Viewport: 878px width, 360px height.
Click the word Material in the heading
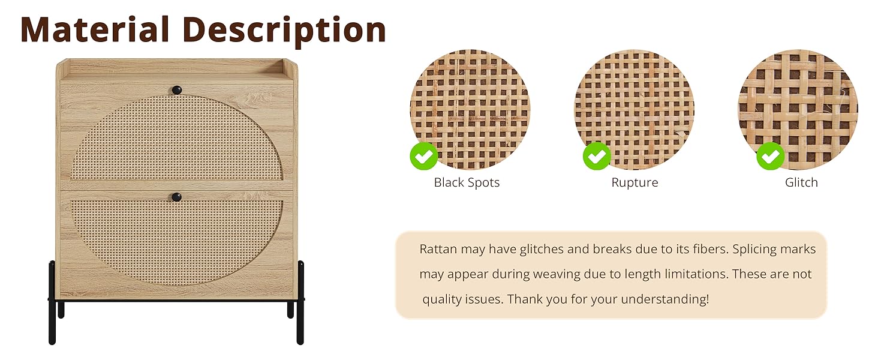[x=95, y=29]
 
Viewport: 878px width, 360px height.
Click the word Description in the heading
[x=284, y=31]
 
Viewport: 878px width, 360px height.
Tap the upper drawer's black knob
[x=177, y=90]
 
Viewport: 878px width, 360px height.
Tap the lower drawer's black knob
[x=177, y=197]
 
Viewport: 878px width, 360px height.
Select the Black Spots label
[x=467, y=183]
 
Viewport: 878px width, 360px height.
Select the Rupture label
[x=635, y=183]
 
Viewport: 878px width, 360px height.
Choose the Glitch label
[x=801, y=182]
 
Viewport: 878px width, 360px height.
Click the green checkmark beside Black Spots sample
[x=424, y=156]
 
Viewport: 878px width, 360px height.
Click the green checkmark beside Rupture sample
[x=597, y=156]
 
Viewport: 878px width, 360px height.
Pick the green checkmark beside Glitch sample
[x=770, y=156]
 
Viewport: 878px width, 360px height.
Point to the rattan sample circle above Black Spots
[x=470, y=109]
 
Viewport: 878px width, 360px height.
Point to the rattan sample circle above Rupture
[x=634, y=109]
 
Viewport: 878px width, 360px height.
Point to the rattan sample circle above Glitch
[x=798, y=109]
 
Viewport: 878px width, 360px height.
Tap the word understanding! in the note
[x=664, y=299]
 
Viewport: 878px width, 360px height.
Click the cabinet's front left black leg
[x=52, y=303]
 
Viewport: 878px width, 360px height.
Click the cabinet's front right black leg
[x=300, y=303]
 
